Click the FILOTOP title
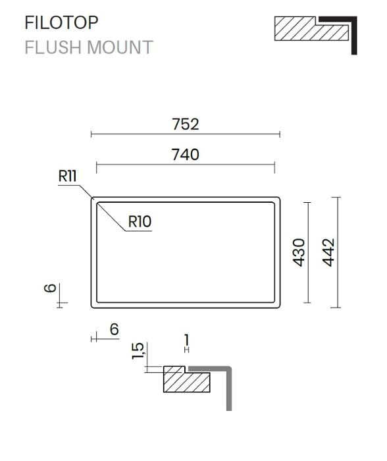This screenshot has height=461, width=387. [x=61, y=22]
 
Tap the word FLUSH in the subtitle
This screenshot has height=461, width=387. [x=53, y=47]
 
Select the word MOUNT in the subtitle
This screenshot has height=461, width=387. [x=120, y=47]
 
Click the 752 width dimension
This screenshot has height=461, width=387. [x=186, y=124]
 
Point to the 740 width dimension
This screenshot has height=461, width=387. [x=186, y=155]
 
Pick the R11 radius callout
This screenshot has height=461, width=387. [x=67, y=176]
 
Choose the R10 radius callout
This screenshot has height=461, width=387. [x=140, y=221]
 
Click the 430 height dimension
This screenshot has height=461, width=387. [x=299, y=252]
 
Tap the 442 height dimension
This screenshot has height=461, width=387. [x=328, y=252]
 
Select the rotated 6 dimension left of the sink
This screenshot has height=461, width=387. [x=50, y=288]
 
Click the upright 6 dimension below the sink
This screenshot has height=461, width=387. [x=115, y=329]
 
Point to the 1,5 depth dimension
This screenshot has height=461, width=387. [x=138, y=350]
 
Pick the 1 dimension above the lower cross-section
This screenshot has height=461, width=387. [x=186, y=340]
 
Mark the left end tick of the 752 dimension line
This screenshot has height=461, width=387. [x=91, y=134]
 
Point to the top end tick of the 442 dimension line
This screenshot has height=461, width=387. [x=336, y=198]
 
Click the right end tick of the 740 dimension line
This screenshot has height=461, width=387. [x=274, y=167]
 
